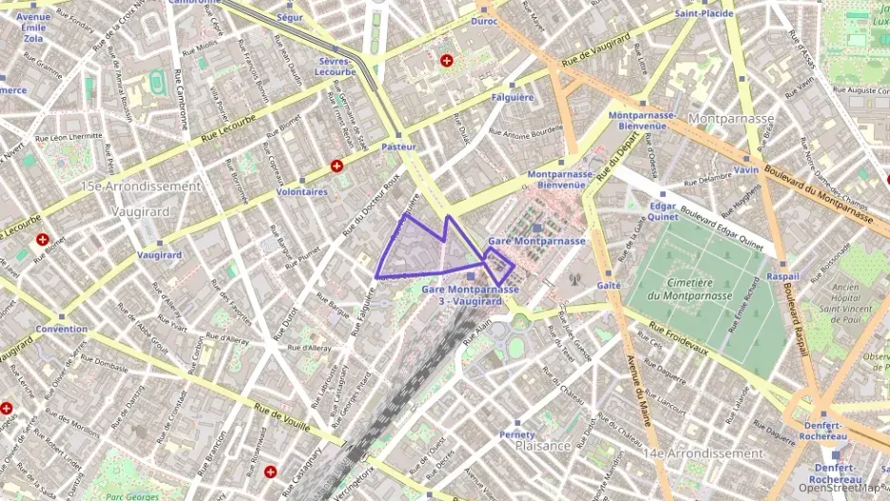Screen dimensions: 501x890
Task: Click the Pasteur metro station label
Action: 398,147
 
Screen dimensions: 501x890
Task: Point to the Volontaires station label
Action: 301,191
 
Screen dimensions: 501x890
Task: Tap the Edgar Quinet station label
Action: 663,211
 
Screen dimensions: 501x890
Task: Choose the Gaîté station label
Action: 609,285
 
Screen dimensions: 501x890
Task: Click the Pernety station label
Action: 517,434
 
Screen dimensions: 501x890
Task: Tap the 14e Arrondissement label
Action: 705,453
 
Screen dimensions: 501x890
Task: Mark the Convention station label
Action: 62,329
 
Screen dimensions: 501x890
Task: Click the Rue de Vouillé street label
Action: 282,416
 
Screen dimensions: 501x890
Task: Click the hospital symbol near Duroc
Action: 447,61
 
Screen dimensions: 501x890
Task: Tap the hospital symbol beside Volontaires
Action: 336,166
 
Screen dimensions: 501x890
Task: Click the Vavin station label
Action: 745,170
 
